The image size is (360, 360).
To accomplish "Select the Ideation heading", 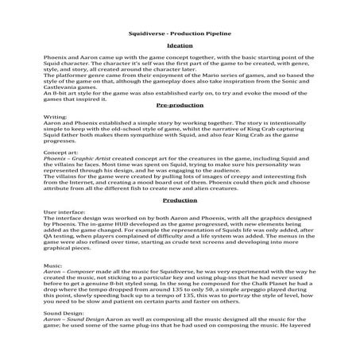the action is pos(180,47).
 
